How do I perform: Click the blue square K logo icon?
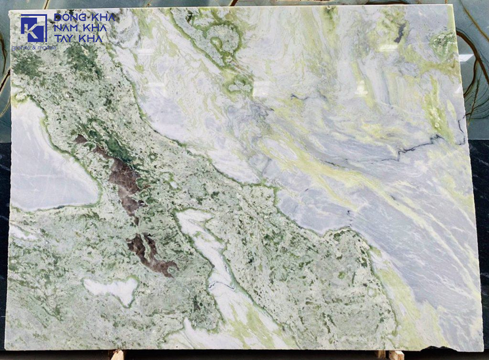(x=34, y=28)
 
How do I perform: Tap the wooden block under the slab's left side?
(x=117, y=354)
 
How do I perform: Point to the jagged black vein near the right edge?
(x=422, y=147)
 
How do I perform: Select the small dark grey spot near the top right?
(x=400, y=34)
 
